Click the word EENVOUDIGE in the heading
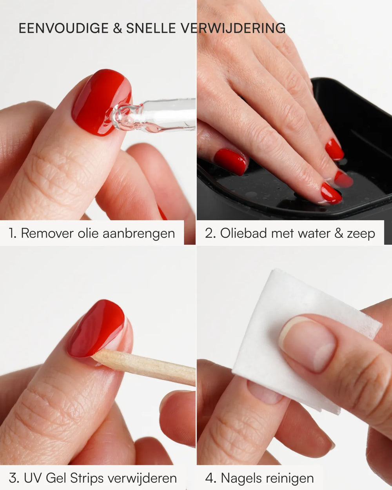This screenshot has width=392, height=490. pos(64,28)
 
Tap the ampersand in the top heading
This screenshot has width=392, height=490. pos(118,28)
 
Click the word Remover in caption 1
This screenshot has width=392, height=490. pos(47,233)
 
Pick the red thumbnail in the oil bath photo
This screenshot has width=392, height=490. pos(230,162)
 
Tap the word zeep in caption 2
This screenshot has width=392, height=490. pos(361,234)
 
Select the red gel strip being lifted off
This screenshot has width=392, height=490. pos(96,329)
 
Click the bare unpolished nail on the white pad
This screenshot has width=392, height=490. pos(307,345)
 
